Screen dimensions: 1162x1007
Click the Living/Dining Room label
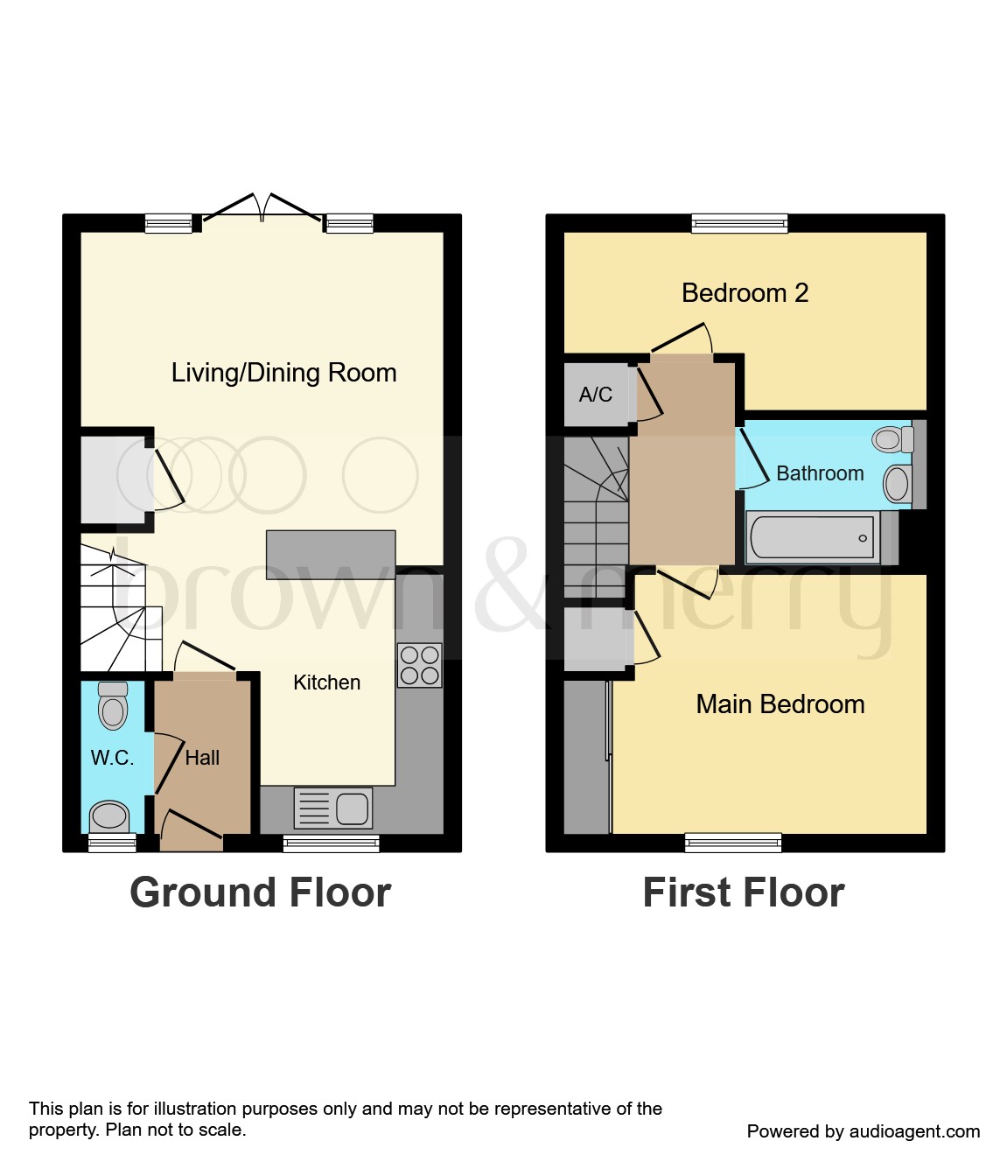click(283, 373)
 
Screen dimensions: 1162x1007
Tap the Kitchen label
click(326, 682)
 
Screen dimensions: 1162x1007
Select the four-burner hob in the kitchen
click(419, 665)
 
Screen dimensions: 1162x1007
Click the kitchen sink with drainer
click(333, 808)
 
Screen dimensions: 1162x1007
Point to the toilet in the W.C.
click(113, 705)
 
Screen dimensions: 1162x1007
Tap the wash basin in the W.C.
click(109, 815)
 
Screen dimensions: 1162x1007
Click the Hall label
click(202, 758)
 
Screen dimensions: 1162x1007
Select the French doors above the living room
click(262, 208)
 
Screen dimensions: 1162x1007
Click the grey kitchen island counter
click(330, 555)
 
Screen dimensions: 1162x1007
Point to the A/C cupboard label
click(595, 395)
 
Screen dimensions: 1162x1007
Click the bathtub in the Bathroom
click(813, 537)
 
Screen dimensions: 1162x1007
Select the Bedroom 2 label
click(745, 293)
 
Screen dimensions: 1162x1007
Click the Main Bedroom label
click(780, 704)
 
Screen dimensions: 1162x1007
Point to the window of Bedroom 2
click(739, 224)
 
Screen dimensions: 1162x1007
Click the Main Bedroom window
click(732, 843)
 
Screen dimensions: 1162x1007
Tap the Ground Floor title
click(260, 892)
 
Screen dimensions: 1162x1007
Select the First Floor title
click(743, 892)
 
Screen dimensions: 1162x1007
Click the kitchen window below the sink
click(331, 843)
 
